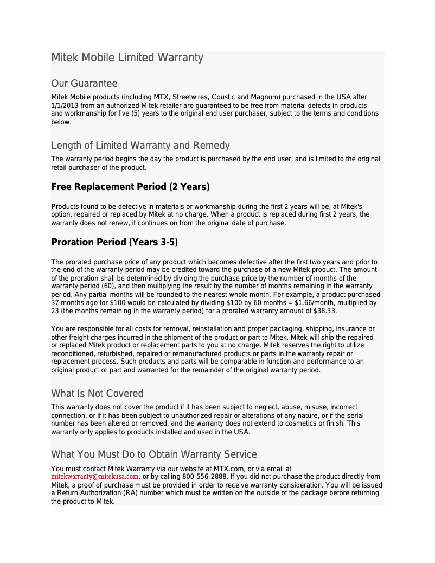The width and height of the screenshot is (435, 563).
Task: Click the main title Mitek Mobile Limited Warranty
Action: click(127, 58)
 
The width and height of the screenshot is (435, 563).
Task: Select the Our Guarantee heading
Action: click(84, 84)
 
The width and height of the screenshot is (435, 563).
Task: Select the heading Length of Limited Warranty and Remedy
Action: click(140, 146)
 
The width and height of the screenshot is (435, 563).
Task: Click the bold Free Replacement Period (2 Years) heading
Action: click(130, 187)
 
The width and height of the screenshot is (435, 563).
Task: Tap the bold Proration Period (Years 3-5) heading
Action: click(114, 242)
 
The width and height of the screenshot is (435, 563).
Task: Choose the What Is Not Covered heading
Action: click(97, 394)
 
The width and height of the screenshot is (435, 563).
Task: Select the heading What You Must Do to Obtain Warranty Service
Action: click(154, 454)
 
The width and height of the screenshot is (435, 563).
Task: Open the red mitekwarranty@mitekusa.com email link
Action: click(95, 477)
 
